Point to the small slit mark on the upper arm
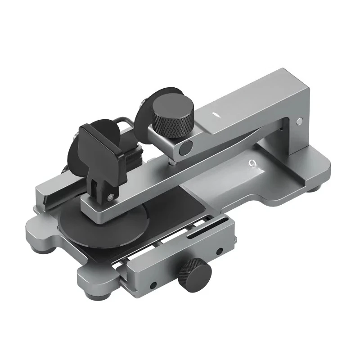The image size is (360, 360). (x=216, y=114)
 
